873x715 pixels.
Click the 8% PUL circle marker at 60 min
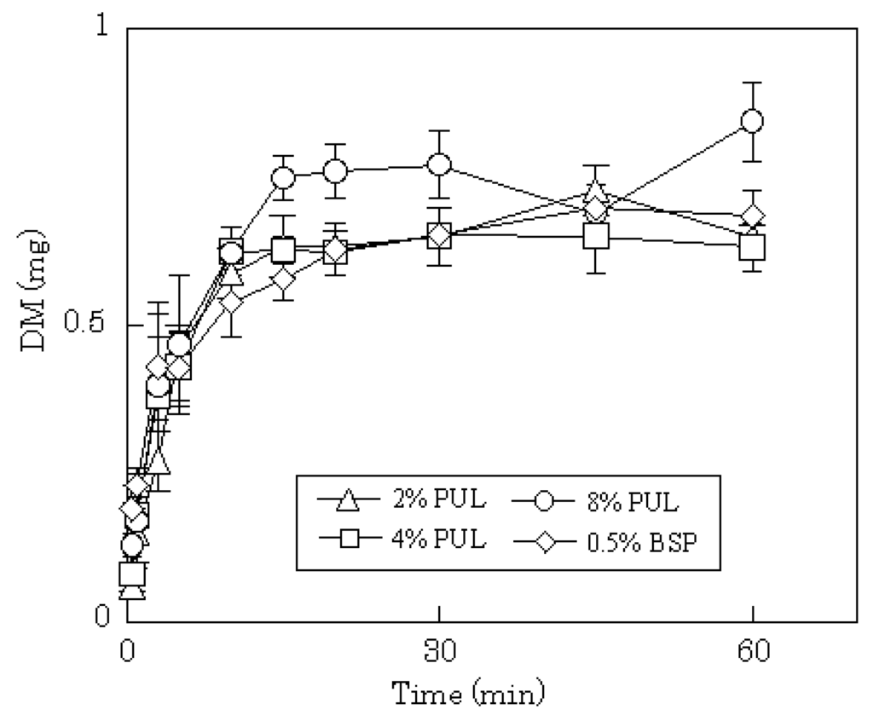752,121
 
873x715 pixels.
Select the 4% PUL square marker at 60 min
752,247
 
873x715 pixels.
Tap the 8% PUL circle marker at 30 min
439,164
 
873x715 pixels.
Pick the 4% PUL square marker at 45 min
596,236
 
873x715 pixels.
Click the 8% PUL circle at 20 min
336,171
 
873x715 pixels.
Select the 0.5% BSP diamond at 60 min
752,216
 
